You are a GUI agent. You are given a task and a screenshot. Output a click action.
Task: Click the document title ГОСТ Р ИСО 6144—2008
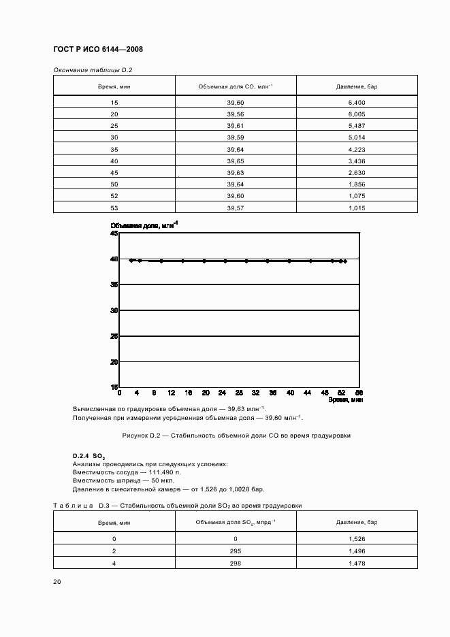tap(97, 49)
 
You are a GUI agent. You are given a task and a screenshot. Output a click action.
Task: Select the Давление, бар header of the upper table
tap(356, 86)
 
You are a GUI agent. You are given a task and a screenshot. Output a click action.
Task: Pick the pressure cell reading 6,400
tap(356, 102)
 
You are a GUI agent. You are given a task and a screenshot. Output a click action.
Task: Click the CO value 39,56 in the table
tap(236, 114)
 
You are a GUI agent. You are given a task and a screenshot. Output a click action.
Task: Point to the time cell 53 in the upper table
tap(114, 208)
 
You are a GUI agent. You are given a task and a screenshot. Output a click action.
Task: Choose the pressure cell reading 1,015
tap(356, 208)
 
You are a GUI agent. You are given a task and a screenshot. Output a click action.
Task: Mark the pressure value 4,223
tap(356, 149)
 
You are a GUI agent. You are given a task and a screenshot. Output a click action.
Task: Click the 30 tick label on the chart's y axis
tap(114, 310)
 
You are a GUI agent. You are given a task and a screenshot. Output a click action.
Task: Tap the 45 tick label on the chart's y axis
tap(114, 233)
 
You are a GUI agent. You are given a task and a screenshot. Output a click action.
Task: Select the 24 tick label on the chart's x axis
tap(222, 393)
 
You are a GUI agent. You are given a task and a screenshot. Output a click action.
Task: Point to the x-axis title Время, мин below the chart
tap(345, 401)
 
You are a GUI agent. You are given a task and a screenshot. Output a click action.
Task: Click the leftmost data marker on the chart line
tap(131, 260)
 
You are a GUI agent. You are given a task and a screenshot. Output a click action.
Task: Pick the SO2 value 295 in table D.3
tap(236, 551)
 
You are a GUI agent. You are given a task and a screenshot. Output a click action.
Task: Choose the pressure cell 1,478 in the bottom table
tap(356, 562)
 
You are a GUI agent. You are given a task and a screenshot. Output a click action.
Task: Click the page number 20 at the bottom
tap(57, 582)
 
